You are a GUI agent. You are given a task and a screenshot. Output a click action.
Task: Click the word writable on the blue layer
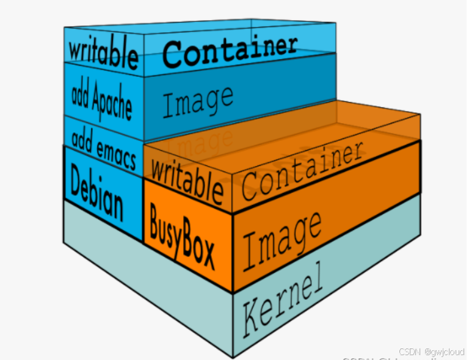pos(103,52)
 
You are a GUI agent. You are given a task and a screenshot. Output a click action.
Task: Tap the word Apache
pos(112,104)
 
